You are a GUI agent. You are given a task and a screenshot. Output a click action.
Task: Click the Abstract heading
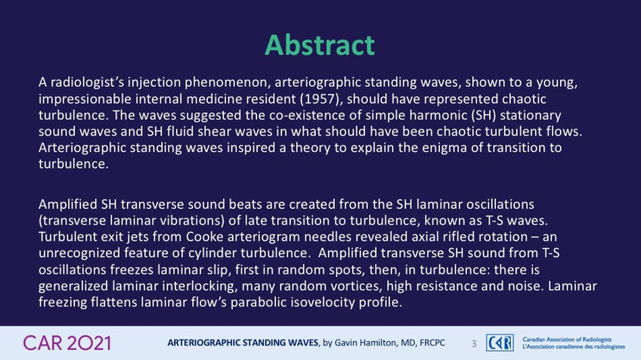[320, 45]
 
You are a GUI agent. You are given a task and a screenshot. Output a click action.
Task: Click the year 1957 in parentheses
[320, 98]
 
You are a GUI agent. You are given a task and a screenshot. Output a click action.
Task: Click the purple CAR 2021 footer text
[67, 343]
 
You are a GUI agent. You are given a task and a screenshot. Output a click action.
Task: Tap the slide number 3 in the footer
[474, 343]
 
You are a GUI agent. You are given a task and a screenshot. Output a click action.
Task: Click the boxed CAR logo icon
[500, 343]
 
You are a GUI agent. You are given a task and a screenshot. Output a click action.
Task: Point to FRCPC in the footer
[432, 343]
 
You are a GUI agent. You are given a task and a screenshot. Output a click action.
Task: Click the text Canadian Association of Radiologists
[567, 340]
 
